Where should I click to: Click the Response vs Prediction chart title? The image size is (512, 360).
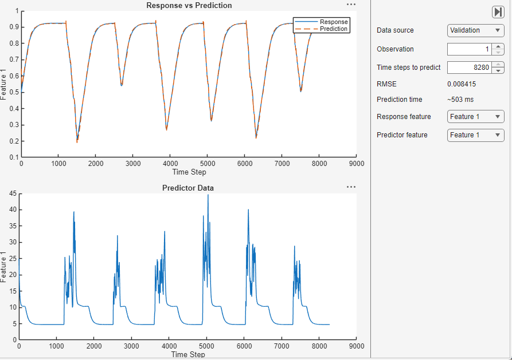(x=189, y=6)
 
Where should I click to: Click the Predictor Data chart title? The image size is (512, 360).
(x=189, y=188)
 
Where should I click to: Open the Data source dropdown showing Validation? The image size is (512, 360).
(x=475, y=30)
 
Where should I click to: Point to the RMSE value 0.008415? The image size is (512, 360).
(x=462, y=84)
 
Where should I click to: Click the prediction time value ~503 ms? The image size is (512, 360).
(x=460, y=100)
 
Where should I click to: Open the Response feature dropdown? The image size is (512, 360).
(x=475, y=117)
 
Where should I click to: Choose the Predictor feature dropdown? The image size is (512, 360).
(x=475, y=135)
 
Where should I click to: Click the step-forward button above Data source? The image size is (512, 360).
(x=498, y=12)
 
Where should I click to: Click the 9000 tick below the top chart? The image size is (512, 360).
(x=357, y=163)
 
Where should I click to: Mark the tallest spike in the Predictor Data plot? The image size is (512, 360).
(x=208, y=196)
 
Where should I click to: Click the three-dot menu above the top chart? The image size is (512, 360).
(x=351, y=5)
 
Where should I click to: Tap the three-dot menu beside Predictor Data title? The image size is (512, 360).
(x=351, y=187)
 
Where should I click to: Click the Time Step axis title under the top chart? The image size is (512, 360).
(x=189, y=172)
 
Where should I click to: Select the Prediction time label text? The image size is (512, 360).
(x=400, y=100)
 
